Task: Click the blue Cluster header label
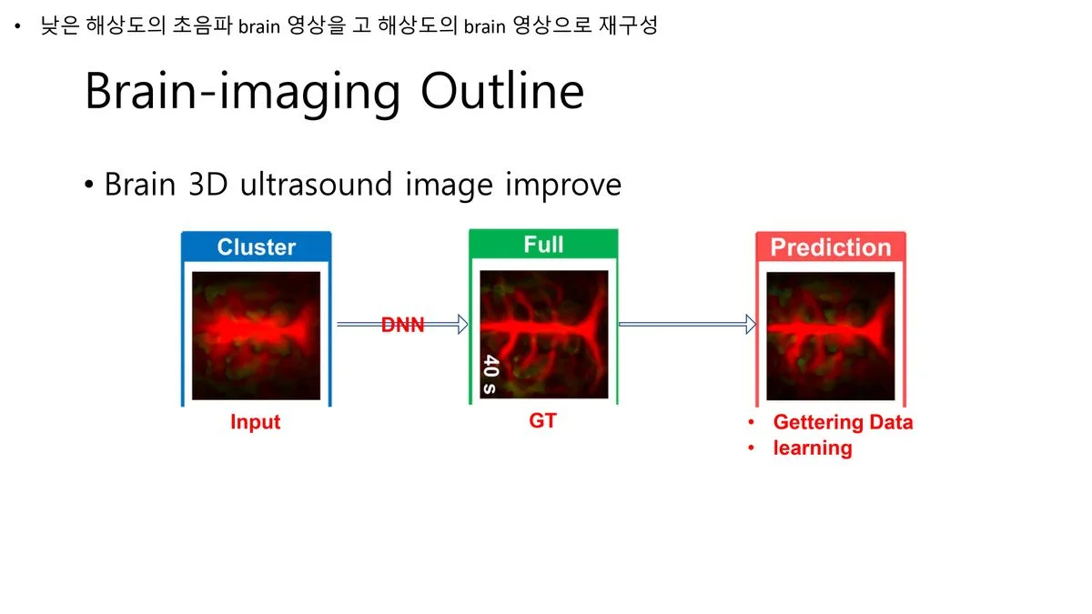coord(257,247)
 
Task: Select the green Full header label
coord(543,244)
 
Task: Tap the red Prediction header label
coord(831,247)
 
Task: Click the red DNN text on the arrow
coord(402,325)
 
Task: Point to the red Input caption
coord(256,422)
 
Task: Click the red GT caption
coord(542,420)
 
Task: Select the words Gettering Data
coord(843,422)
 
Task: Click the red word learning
coord(813,448)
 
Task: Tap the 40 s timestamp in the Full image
coord(490,374)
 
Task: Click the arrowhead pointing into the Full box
coord(462,324)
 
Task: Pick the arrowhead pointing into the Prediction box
coord(751,324)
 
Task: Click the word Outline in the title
coord(502,91)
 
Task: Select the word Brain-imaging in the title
coord(243,93)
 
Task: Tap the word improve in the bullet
coord(563,186)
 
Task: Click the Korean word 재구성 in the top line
coord(629,25)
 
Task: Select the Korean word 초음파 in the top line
coord(202,25)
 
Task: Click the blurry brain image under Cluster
coord(256,336)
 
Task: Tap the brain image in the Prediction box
coord(831,337)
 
